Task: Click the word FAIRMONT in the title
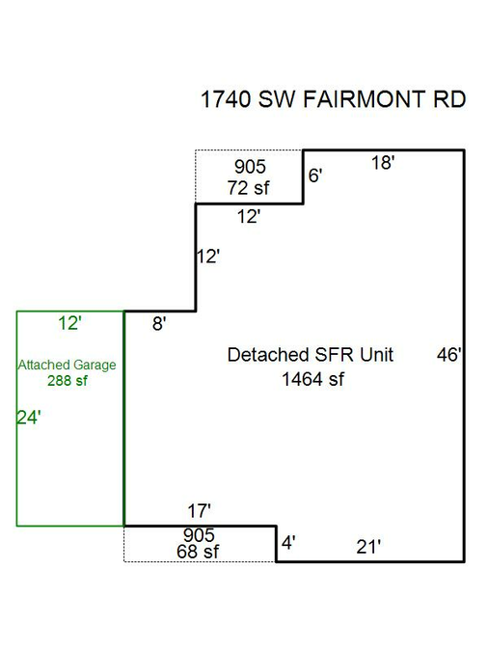364,99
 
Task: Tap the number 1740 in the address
226,99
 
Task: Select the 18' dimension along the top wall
383,162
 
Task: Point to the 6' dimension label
315,176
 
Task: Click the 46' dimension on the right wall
449,355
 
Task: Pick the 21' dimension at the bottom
368,547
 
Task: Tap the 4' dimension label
288,543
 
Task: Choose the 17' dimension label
199,510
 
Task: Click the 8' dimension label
159,323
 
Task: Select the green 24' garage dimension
29,418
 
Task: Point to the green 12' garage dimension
69,323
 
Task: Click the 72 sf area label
248,188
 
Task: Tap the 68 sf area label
198,552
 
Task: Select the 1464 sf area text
312,379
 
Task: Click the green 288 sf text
68,380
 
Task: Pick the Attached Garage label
67,365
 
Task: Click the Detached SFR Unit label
311,355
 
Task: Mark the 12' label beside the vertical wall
208,257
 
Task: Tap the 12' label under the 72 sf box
249,217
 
